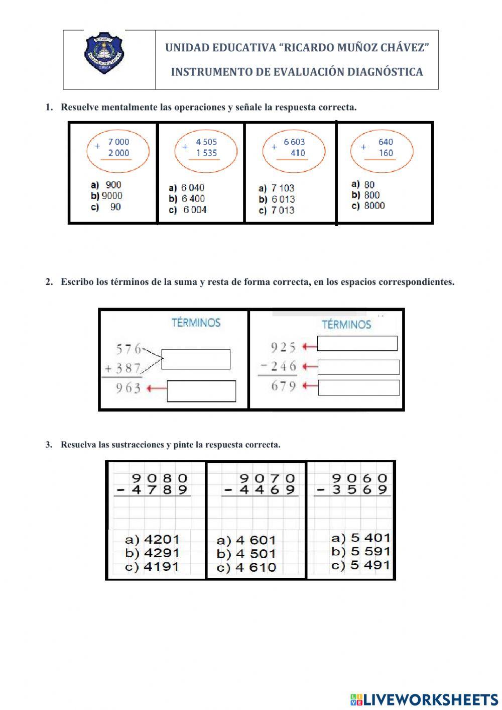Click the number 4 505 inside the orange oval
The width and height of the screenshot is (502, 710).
pos(206,142)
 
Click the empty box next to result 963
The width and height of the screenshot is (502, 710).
pos(201,391)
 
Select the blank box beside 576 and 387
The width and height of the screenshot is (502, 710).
pos(196,359)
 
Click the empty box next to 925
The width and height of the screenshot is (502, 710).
pos(357,344)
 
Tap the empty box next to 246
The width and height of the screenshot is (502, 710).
pos(358,367)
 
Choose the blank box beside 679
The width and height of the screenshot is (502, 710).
pos(358,387)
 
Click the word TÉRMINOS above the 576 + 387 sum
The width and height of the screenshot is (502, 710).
pos(196,323)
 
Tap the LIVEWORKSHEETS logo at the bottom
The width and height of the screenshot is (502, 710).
pos(424,699)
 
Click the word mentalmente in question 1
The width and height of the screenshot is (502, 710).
pos(133,107)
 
